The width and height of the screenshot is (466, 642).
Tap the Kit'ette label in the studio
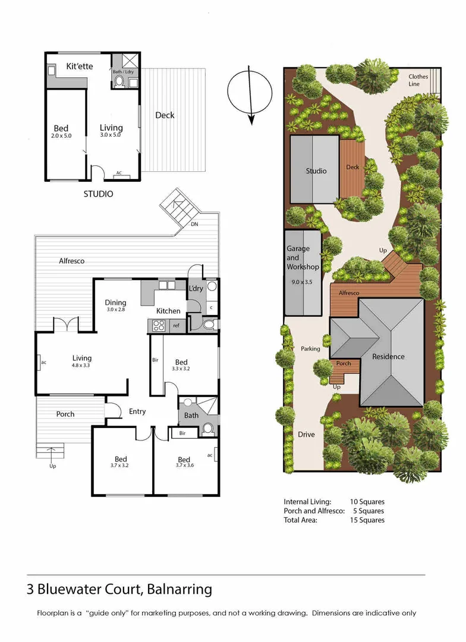pos(79,66)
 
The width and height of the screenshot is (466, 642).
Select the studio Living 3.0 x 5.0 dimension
pos(111,135)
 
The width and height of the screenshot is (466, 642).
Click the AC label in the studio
pos(119,173)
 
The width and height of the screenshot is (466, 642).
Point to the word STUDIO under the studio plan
pos(98,194)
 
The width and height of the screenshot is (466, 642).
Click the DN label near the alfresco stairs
pos(194,224)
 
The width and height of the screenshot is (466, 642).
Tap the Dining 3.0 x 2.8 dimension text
pos(116,310)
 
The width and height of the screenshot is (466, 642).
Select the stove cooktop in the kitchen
pos(159,325)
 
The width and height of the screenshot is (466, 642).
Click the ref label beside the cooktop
pos(176,325)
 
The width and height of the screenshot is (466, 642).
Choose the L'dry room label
pos(196,288)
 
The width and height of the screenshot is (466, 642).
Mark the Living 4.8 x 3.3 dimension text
pos(82,366)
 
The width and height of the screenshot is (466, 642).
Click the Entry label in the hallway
pos(137,411)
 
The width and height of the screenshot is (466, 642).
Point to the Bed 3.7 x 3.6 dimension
pos(184,467)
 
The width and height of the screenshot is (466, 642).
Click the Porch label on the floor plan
pos(65,414)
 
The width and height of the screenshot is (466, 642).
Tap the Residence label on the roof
pos(388,357)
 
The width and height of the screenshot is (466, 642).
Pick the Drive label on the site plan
pos(306,435)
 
